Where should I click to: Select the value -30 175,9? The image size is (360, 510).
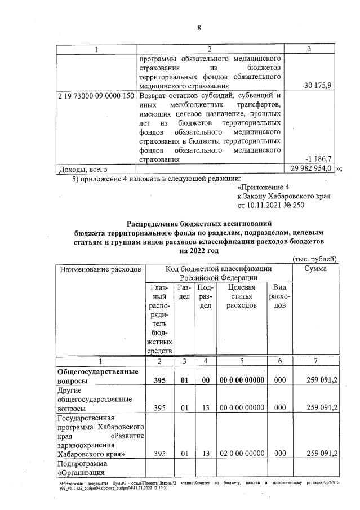(x=317, y=86)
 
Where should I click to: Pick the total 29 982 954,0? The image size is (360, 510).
(x=310, y=168)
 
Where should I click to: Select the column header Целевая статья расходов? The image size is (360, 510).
(x=241, y=296)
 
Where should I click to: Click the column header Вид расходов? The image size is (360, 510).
(x=279, y=296)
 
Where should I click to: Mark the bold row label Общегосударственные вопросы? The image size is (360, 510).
(x=96, y=376)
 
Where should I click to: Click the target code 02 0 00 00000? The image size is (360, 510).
(x=242, y=453)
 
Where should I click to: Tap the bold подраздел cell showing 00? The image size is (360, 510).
(x=206, y=381)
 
